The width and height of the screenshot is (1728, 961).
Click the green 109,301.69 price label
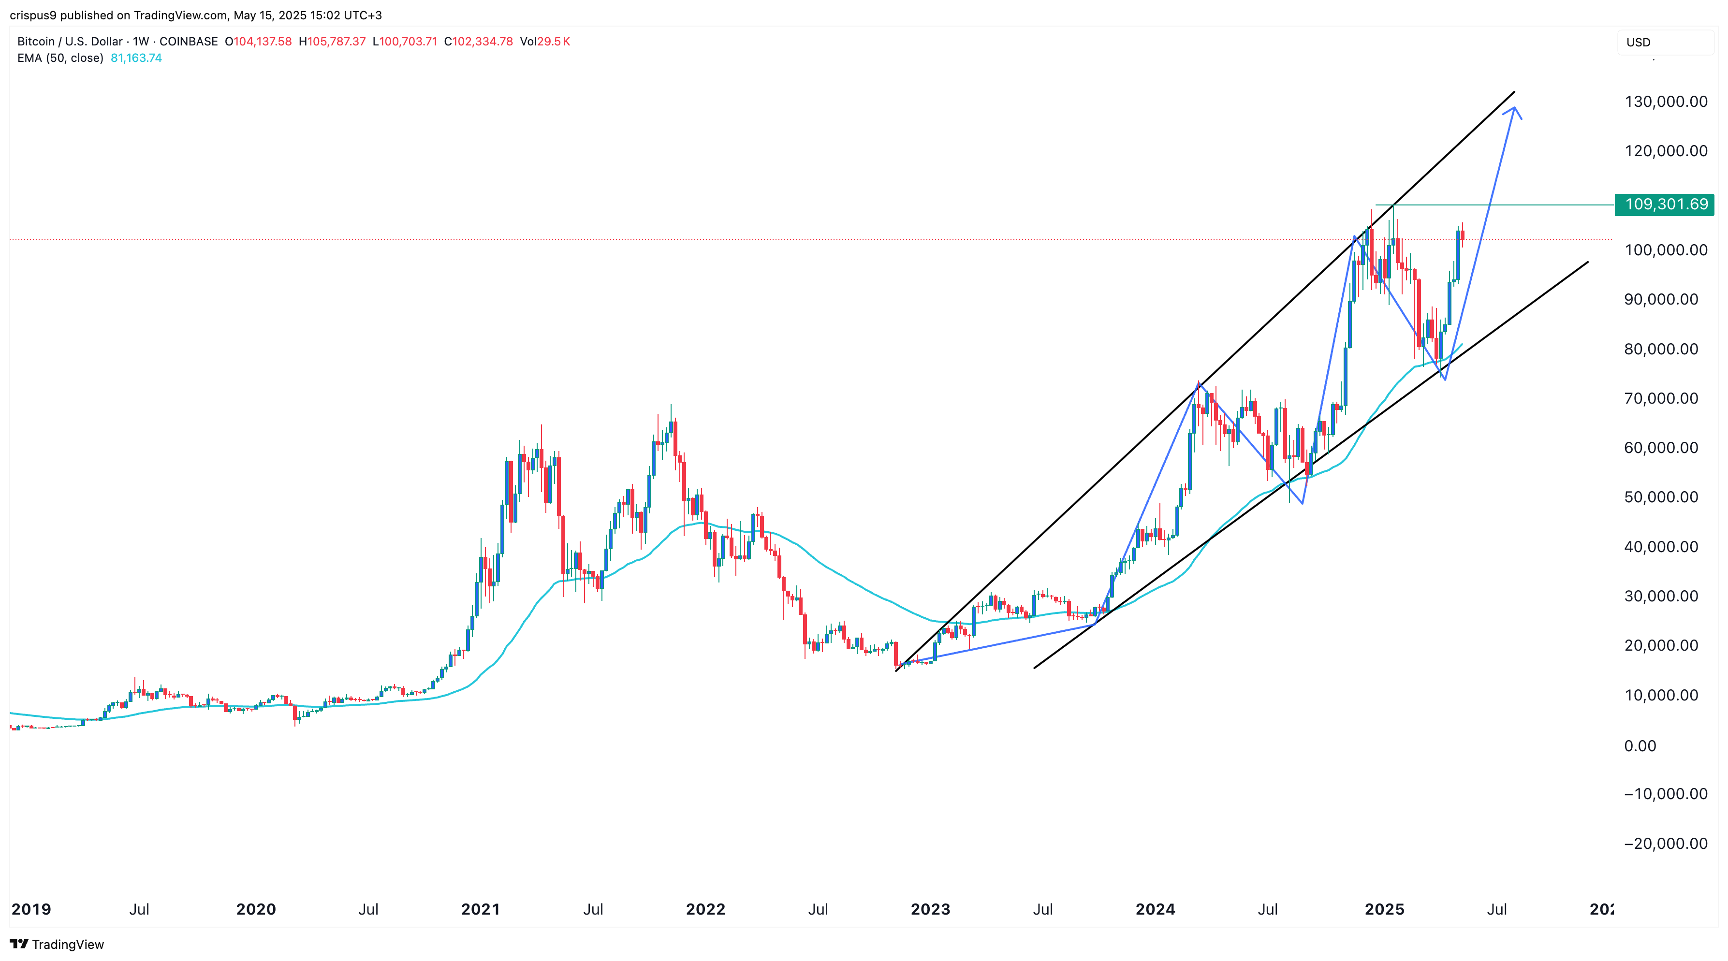(1665, 204)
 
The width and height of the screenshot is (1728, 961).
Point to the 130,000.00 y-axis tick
(1666, 102)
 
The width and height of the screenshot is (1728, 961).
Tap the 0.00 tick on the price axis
(1640, 746)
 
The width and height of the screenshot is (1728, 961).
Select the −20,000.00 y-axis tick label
(1666, 844)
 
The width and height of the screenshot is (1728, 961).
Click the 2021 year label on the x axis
(480, 909)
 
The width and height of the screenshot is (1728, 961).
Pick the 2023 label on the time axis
(930, 909)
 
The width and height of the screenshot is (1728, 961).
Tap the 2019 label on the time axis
(31, 909)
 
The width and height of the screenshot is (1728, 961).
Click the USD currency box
(1638, 42)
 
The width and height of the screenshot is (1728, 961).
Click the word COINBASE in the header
(189, 42)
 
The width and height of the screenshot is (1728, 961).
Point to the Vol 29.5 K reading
(545, 42)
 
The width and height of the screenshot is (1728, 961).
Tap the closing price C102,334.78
(478, 42)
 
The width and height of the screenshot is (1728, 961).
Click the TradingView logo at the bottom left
(57, 944)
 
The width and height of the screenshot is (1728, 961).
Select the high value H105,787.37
(332, 42)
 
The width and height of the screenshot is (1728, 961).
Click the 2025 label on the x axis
(1385, 909)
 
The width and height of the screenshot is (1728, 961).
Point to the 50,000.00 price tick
(1661, 497)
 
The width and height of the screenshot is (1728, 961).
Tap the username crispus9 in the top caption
(33, 15)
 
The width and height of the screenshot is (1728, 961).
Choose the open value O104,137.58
(258, 42)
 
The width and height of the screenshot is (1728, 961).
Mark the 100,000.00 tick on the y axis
(1666, 250)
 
